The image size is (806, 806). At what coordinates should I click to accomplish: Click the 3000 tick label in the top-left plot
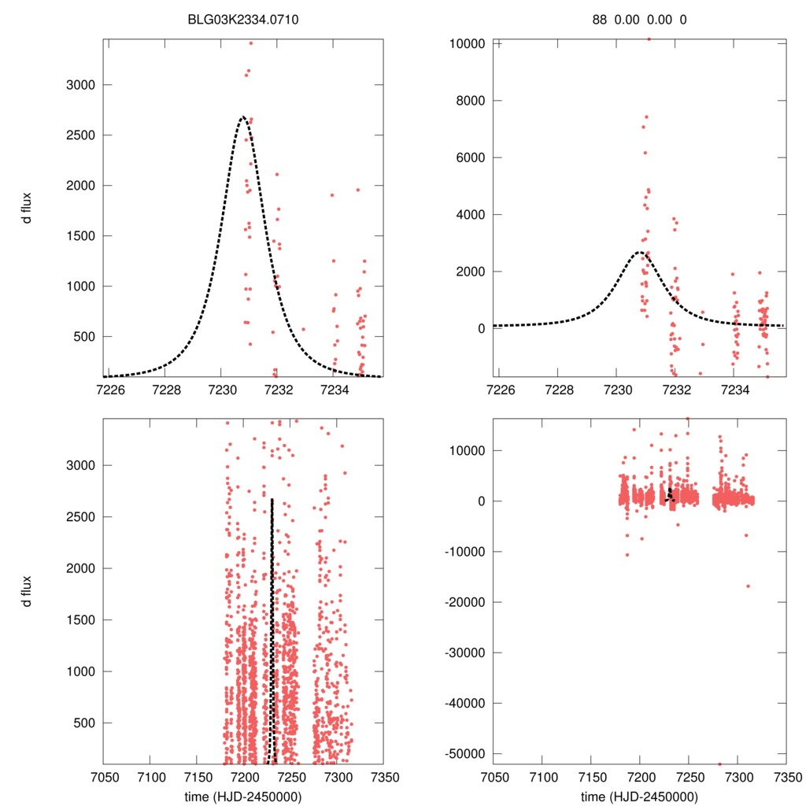(78, 85)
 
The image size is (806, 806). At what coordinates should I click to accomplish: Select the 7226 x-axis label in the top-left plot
(109, 389)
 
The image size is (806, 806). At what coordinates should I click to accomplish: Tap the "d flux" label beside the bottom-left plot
(28, 592)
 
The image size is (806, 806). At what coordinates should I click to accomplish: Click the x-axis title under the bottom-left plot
(243, 796)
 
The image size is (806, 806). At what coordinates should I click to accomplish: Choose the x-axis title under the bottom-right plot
(638, 796)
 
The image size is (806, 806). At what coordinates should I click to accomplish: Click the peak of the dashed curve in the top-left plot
(242, 117)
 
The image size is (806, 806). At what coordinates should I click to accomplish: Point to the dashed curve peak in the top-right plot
(639, 252)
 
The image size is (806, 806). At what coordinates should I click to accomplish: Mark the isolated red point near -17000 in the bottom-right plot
(748, 586)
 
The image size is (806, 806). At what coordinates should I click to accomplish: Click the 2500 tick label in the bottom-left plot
(78, 517)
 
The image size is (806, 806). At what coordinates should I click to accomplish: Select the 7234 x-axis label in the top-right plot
(734, 389)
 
